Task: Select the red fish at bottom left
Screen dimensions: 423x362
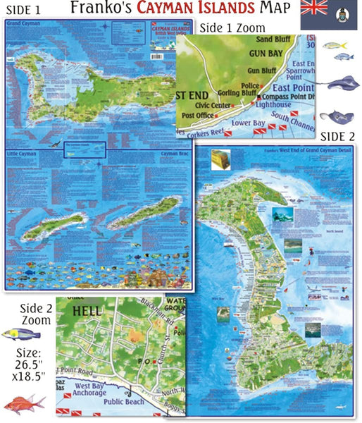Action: point(24,404)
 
